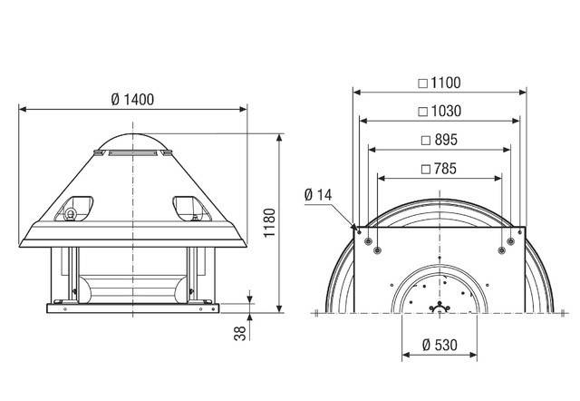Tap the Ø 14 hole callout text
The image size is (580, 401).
tap(320, 193)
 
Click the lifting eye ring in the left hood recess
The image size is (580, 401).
tap(69, 214)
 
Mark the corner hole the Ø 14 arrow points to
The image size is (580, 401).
tap(360, 231)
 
